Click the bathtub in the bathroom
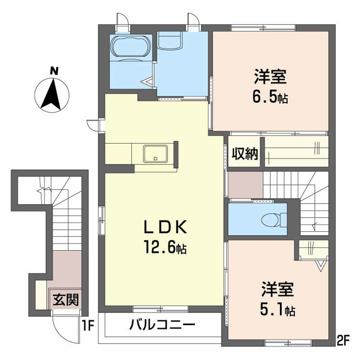(131, 47)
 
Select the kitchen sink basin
(156, 154)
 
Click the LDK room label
(165, 227)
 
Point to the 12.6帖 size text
(165, 247)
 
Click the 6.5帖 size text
(270, 97)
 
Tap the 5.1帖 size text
(277, 309)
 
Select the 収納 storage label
(245, 153)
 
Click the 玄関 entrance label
(66, 299)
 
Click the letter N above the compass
(54, 71)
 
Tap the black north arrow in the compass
(52, 94)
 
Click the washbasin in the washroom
(170, 40)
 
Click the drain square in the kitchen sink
(156, 158)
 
